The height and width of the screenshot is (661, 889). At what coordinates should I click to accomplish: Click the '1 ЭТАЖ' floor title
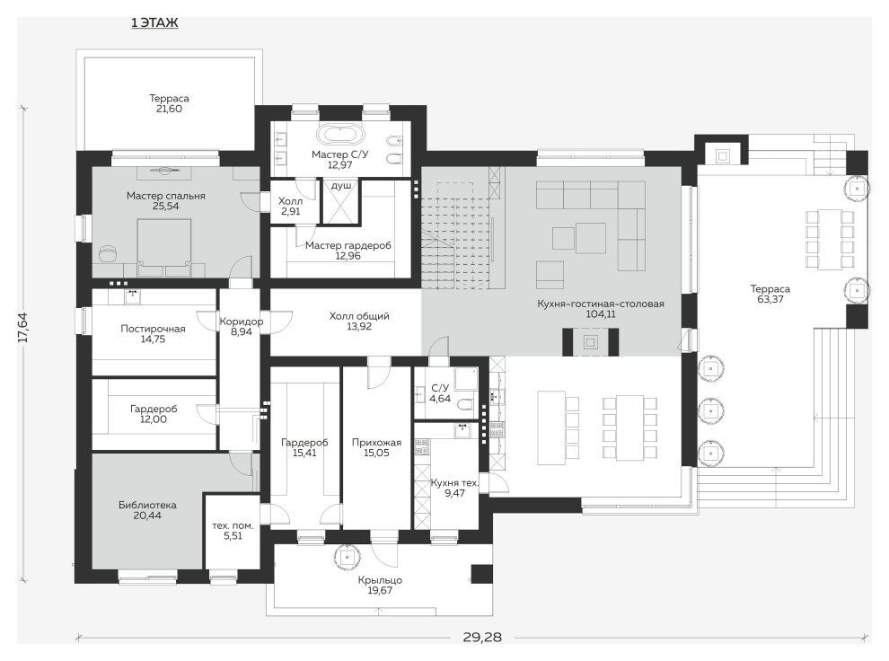coord(154,22)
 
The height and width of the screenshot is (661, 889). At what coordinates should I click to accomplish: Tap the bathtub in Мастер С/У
coord(340,136)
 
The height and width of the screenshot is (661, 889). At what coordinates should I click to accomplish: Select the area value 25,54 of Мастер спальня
coord(165,207)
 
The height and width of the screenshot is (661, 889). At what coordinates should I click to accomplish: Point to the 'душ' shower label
coord(341,186)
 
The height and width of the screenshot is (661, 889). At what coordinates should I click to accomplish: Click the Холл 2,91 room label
coord(290,207)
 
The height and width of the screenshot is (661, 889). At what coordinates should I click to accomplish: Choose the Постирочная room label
coord(153,329)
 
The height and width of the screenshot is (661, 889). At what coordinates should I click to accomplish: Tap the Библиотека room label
coord(147,505)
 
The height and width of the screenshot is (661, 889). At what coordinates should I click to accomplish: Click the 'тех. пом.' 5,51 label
coord(233,531)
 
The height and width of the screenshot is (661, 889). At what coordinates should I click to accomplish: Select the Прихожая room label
coord(376,443)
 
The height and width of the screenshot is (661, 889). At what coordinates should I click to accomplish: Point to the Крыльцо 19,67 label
coord(380,586)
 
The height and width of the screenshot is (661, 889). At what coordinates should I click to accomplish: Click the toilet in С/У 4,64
coord(464,405)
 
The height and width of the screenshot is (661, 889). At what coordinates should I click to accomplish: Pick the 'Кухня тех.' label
coord(454,483)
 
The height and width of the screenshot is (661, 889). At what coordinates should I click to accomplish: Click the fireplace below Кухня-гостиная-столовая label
coord(590,342)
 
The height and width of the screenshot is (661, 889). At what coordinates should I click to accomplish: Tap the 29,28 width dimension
coord(482,637)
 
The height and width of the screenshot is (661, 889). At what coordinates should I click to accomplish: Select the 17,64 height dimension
coord(22,328)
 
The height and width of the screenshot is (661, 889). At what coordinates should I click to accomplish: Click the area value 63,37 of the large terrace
coord(770,299)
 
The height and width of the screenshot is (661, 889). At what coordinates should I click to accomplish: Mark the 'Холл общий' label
coord(359,316)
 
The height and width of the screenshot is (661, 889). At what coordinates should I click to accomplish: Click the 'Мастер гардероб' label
coord(348,246)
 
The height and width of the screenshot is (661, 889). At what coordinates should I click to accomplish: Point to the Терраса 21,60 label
coord(169,104)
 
